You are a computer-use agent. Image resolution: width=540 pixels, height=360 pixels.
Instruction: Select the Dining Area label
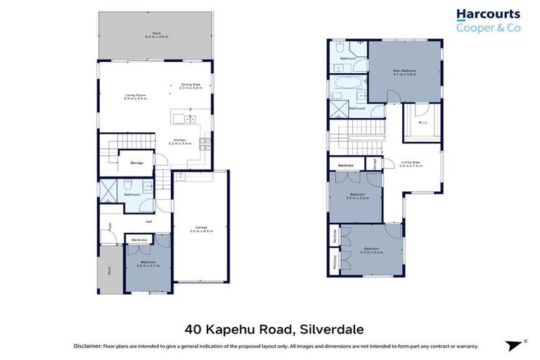coord(191,86)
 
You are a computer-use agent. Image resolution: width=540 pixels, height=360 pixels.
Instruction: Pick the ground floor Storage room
coord(136,162)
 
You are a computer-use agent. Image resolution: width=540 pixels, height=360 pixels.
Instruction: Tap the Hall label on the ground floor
coord(149,222)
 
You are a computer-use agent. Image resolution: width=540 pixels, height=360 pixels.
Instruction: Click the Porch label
coord(109,269)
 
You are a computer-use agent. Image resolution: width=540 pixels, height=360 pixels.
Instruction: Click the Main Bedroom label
coord(404,72)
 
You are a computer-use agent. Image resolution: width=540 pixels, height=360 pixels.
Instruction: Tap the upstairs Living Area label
coord(411,165)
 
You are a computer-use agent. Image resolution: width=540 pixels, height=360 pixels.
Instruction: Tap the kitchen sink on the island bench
coord(179,117)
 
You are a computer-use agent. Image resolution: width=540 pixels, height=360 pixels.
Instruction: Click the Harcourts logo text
coord(487,14)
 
